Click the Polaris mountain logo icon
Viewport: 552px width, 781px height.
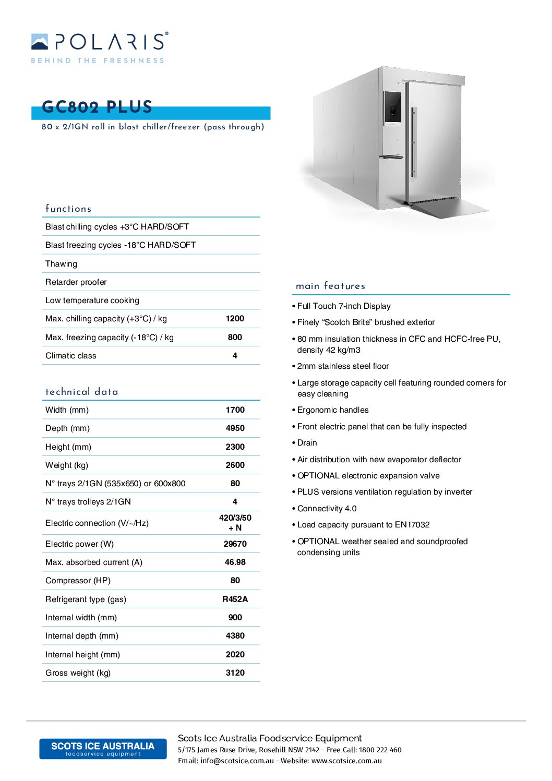pyautogui.click(x=40, y=42)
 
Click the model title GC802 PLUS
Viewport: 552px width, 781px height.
pyautogui.click(x=97, y=107)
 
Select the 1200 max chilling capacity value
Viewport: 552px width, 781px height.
pyautogui.click(x=235, y=319)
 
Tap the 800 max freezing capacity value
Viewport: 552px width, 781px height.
pyautogui.click(x=235, y=338)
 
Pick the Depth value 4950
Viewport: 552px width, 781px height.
pyautogui.click(x=235, y=428)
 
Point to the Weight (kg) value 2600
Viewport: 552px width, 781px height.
pyautogui.click(x=235, y=465)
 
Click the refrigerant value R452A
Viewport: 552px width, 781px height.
pyautogui.click(x=235, y=599)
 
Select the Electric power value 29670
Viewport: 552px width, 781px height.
pyautogui.click(x=235, y=544)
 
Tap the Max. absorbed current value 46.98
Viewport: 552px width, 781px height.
pyautogui.click(x=235, y=562)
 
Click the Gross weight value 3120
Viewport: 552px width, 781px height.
pyautogui.click(x=235, y=673)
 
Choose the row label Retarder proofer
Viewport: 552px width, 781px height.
pyautogui.click(x=76, y=282)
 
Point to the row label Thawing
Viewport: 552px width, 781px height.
pyautogui.click(x=61, y=264)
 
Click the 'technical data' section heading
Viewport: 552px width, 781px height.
pyautogui.click(x=82, y=392)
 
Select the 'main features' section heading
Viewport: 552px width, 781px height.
pyautogui.click(x=330, y=286)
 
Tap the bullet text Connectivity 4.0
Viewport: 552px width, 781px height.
pyautogui.click(x=327, y=509)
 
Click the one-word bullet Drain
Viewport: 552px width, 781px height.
pyautogui.click(x=307, y=443)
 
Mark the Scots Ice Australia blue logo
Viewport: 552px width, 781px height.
pyautogui.click(x=103, y=749)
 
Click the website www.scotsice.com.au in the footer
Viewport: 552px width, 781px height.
pyautogui.click(x=346, y=761)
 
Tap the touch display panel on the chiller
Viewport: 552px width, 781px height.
pyautogui.click(x=392, y=107)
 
